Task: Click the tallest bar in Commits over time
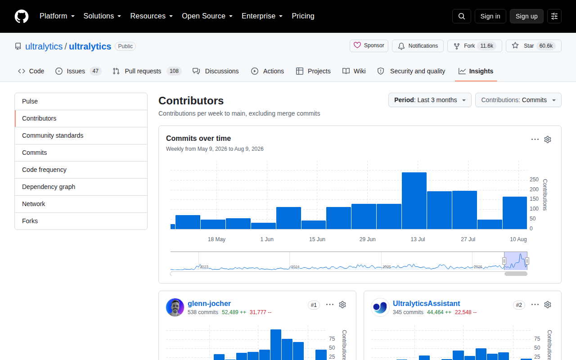pyautogui.click(x=414, y=201)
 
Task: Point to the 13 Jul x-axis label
pyautogui.click(x=418, y=239)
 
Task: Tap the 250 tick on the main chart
pyautogui.click(x=534, y=180)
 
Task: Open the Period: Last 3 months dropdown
pyautogui.click(x=430, y=100)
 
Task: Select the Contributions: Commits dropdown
pyautogui.click(x=518, y=100)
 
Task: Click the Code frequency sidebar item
pyautogui.click(x=44, y=170)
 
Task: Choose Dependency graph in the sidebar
pyautogui.click(x=49, y=187)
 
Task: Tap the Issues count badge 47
pyautogui.click(x=95, y=71)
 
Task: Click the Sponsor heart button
pyautogui.click(x=369, y=46)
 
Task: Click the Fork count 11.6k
pyautogui.click(x=486, y=46)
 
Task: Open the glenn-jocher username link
pyautogui.click(x=209, y=304)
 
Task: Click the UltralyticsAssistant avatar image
pyautogui.click(x=380, y=307)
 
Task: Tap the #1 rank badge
pyautogui.click(x=314, y=305)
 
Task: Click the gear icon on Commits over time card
pyautogui.click(x=548, y=139)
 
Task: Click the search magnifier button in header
pyautogui.click(x=462, y=16)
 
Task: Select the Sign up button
pyautogui.click(x=526, y=16)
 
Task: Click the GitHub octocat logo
pyautogui.click(x=22, y=16)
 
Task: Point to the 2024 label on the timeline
pyautogui.click(x=295, y=267)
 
